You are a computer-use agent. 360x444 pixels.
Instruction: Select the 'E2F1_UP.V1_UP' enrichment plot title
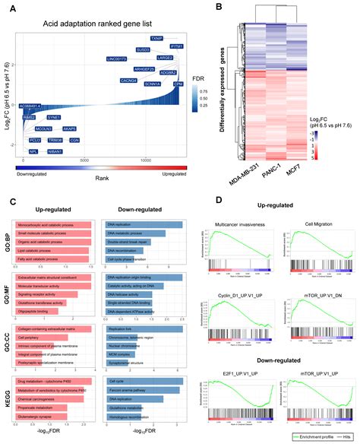tap(238, 374)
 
